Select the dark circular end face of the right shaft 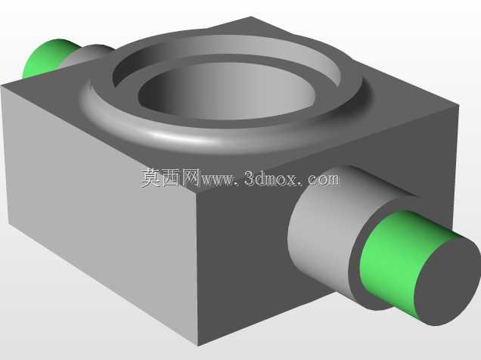(447, 281)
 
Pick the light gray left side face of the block (98, 212)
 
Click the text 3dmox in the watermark (271, 178)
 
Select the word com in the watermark (324, 180)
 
